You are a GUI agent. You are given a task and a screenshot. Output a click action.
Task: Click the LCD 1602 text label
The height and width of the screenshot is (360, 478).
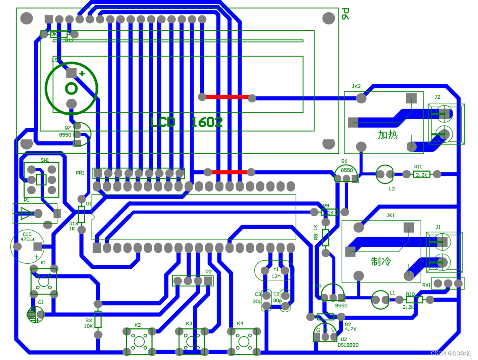(186, 122)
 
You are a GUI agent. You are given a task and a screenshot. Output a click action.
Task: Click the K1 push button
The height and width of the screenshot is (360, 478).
(43, 282)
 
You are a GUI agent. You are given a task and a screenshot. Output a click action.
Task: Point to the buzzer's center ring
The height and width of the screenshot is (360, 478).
(71, 88)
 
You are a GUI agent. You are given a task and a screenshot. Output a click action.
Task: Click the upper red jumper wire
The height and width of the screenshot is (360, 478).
(227, 97)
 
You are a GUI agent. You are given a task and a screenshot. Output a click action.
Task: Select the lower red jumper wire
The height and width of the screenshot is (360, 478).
(229, 172)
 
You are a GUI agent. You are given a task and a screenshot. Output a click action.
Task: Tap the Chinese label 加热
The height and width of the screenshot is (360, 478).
(388, 135)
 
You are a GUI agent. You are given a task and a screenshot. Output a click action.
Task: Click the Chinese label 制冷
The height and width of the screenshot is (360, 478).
(381, 262)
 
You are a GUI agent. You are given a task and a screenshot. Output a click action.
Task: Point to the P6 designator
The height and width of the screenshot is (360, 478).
(345, 14)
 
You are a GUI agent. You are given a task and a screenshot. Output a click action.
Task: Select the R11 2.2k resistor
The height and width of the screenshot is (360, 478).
(421, 175)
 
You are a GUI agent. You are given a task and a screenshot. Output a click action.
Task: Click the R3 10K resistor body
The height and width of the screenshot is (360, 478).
(98, 319)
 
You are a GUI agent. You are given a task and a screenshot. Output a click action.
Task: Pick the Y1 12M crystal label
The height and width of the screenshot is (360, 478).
(276, 273)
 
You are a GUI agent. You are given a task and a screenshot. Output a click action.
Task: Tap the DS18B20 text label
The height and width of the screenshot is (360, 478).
(348, 345)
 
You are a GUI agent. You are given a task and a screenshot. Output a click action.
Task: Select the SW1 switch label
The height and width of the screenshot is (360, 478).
(45, 160)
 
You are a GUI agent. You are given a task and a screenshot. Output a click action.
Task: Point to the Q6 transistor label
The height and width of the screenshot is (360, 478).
(344, 161)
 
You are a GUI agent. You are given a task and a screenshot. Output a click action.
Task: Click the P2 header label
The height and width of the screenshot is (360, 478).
(209, 272)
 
